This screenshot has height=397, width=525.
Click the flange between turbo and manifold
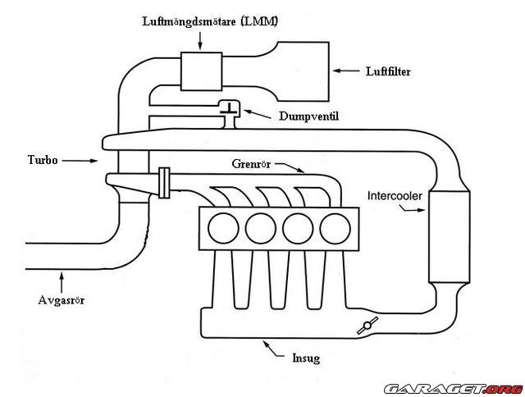(x=164, y=182)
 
